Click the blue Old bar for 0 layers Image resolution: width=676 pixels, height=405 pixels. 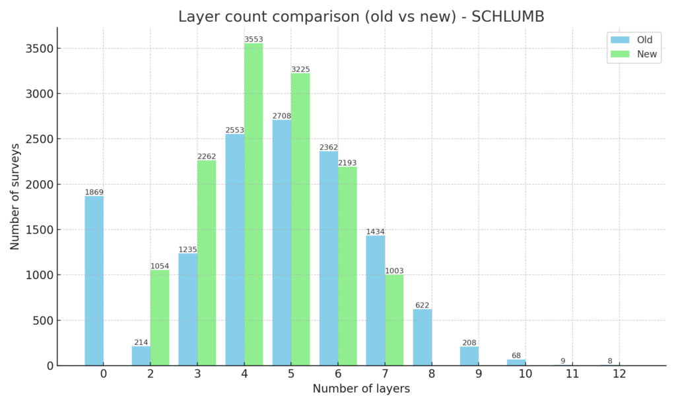94,281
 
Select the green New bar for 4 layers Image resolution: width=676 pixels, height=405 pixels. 253,204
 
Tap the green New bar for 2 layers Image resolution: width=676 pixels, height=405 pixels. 160,318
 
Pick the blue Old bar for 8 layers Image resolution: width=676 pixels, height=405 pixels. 422,337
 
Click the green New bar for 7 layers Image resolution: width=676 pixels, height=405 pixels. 395,320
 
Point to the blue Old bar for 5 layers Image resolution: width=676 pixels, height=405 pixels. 281,243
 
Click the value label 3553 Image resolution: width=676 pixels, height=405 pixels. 253,39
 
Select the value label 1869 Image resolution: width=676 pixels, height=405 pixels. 94,192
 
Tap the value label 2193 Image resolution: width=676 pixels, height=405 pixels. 347,163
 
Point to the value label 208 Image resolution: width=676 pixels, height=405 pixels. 469,343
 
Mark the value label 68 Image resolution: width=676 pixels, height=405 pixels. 516,356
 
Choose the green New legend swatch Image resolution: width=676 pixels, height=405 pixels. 620,54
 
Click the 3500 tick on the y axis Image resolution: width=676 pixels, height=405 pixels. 40,48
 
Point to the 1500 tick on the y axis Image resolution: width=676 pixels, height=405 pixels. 40,230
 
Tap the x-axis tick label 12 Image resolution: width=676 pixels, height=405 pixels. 619,373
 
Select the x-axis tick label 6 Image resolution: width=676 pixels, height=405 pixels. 338,373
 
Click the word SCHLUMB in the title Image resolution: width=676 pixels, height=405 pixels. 508,16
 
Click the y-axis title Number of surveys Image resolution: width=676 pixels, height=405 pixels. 15,197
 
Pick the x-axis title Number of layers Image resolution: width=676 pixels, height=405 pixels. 361,389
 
